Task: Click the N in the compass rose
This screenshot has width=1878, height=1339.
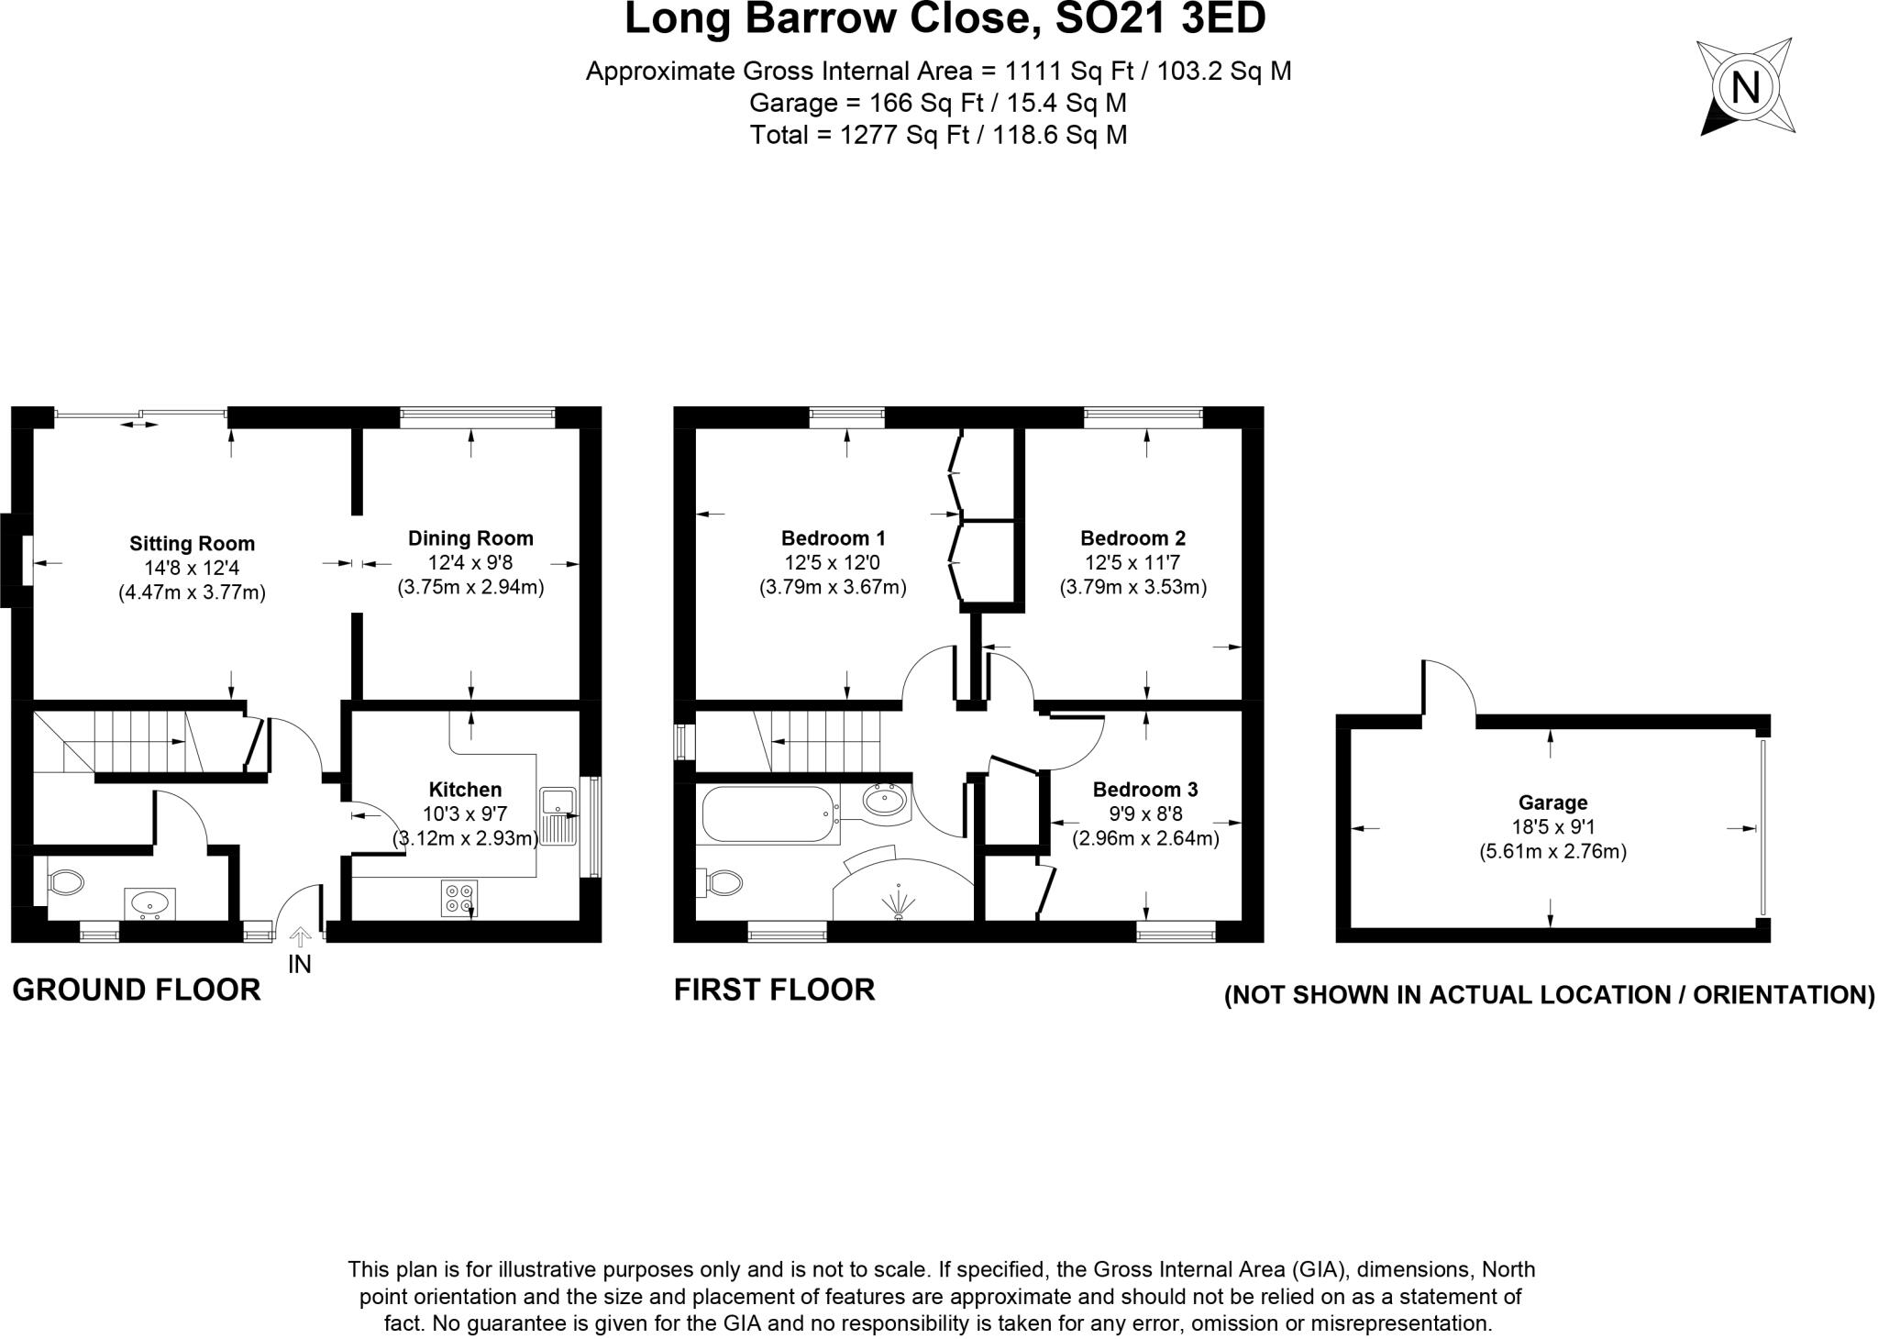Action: pyautogui.click(x=1745, y=89)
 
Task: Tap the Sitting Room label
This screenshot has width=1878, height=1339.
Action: pyautogui.click(x=192, y=543)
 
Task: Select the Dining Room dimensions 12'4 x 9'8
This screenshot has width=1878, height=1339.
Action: pyautogui.click(x=470, y=562)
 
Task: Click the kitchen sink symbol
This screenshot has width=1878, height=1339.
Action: pyautogui.click(x=557, y=815)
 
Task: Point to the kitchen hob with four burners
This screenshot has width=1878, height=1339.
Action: pyautogui.click(x=459, y=897)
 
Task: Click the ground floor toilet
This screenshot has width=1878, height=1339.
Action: pyautogui.click(x=65, y=883)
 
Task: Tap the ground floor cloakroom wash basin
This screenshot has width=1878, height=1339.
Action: pyautogui.click(x=150, y=903)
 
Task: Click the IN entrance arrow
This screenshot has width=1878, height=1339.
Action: pyautogui.click(x=299, y=937)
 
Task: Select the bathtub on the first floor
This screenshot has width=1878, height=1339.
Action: pyautogui.click(x=768, y=814)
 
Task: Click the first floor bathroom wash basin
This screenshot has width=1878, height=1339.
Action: pyautogui.click(x=885, y=802)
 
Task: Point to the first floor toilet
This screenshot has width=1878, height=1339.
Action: pyautogui.click(x=723, y=883)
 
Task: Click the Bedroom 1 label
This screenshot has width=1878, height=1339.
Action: pyautogui.click(x=833, y=537)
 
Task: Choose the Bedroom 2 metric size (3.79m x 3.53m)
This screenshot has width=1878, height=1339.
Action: pyautogui.click(x=1132, y=586)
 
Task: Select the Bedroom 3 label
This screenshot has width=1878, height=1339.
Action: pyautogui.click(x=1144, y=789)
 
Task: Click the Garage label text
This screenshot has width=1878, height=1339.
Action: pyautogui.click(x=1552, y=802)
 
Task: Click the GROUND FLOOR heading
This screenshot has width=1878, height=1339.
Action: pyautogui.click(x=137, y=990)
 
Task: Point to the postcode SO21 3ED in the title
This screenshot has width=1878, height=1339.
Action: pyautogui.click(x=1161, y=19)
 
